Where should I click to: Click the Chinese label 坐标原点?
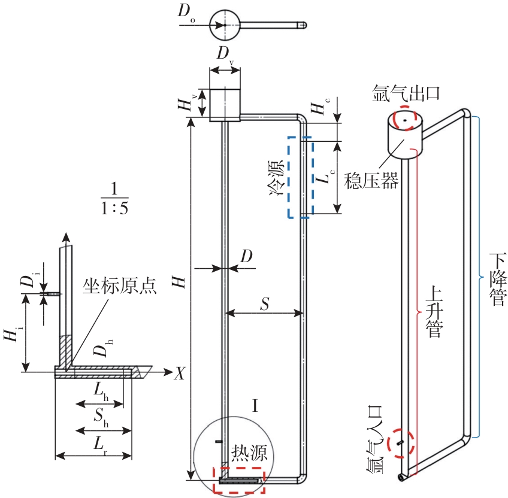pyautogui.click(x=120, y=286)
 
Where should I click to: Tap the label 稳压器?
pyautogui.click(x=371, y=180)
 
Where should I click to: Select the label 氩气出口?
pyautogui.click(x=406, y=93)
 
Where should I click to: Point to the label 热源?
pyautogui.click(x=249, y=453)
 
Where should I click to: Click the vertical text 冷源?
pyautogui.click(x=276, y=178)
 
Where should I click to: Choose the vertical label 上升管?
pyautogui.click(x=434, y=311)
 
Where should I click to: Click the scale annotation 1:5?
pyautogui.click(x=114, y=208)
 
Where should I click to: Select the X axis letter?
pyautogui.click(x=179, y=373)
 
